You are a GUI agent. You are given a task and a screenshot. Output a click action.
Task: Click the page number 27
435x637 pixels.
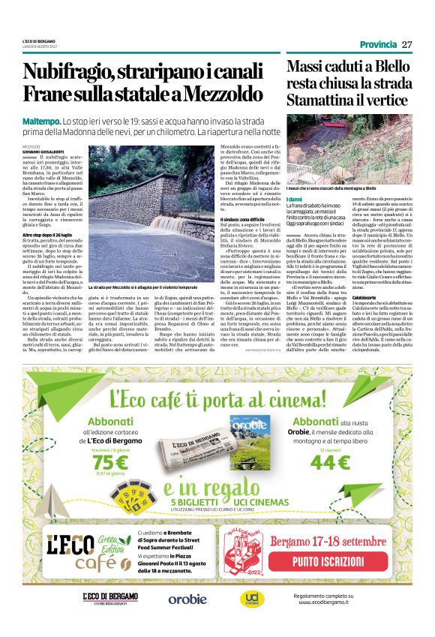(407, 44)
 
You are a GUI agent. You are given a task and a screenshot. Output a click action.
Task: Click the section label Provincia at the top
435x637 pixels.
(377, 44)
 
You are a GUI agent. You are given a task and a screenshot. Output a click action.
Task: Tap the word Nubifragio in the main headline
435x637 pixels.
(67, 74)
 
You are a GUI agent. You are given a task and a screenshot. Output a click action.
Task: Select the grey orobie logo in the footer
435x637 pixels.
(187, 599)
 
